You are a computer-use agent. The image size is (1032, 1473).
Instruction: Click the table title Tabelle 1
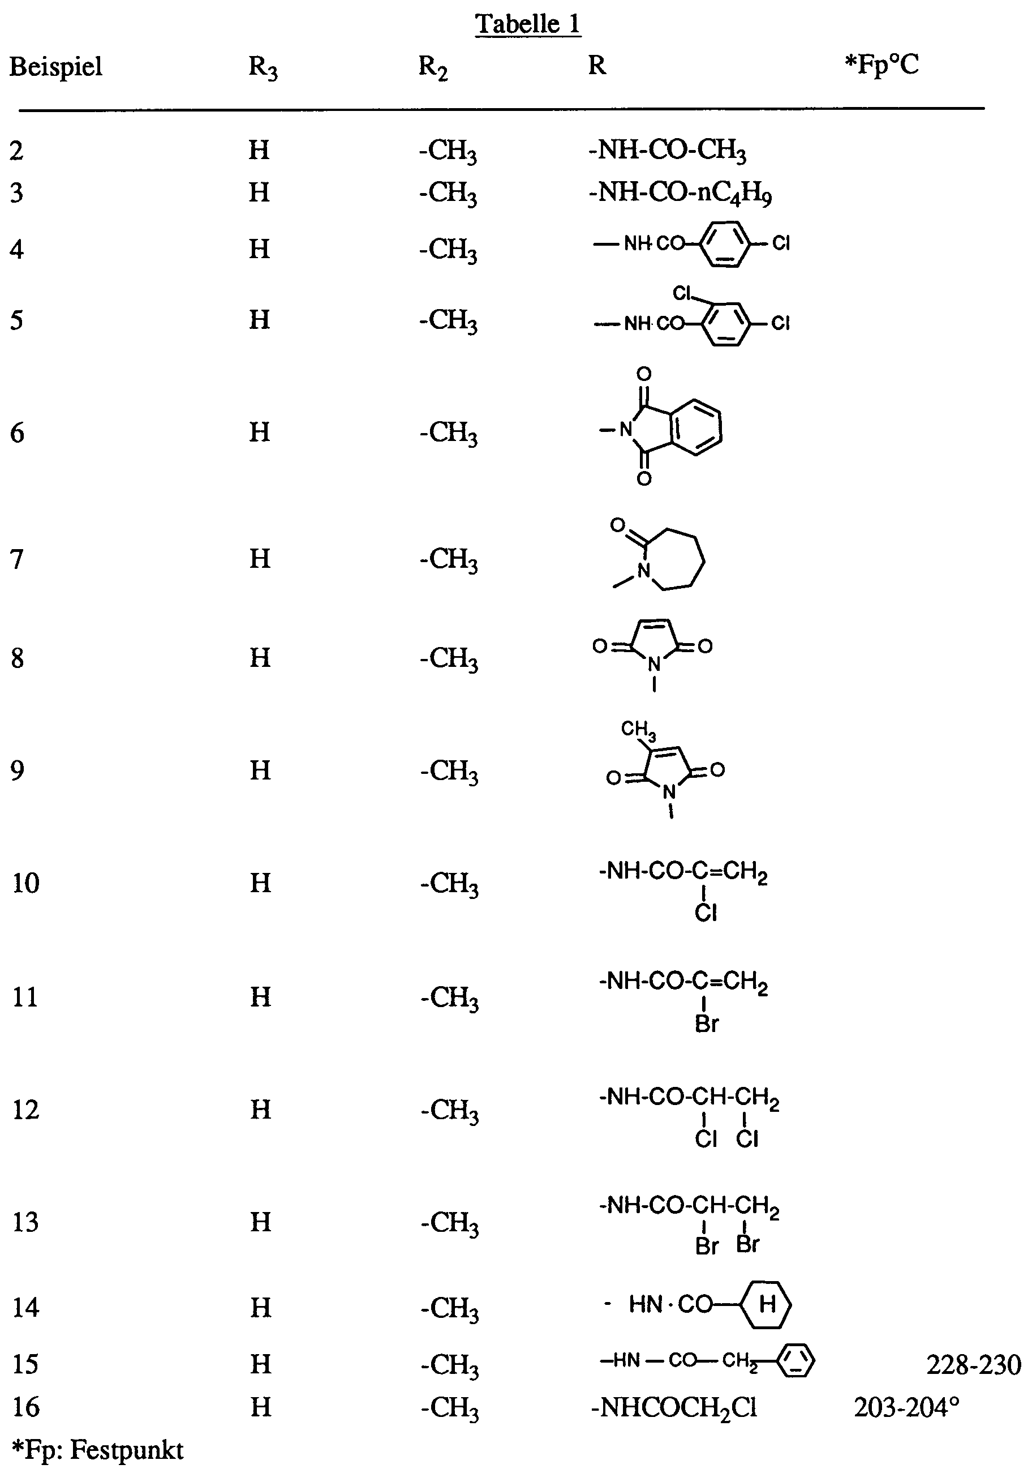(528, 24)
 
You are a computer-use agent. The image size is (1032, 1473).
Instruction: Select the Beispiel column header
(56, 66)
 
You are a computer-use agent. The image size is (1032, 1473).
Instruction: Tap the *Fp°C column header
(882, 65)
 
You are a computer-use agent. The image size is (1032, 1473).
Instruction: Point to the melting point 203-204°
(906, 1407)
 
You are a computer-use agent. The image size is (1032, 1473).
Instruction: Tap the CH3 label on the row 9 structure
(638, 730)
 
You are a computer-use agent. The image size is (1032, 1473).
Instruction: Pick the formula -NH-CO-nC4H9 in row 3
(680, 192)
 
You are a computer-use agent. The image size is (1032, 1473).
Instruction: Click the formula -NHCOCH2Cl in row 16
(673, 1407)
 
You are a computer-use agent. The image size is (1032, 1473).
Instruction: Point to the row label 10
(25, 883)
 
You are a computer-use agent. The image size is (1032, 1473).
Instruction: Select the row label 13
(25, 1222)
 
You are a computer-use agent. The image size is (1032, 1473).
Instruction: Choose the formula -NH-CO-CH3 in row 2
(667, 151)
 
